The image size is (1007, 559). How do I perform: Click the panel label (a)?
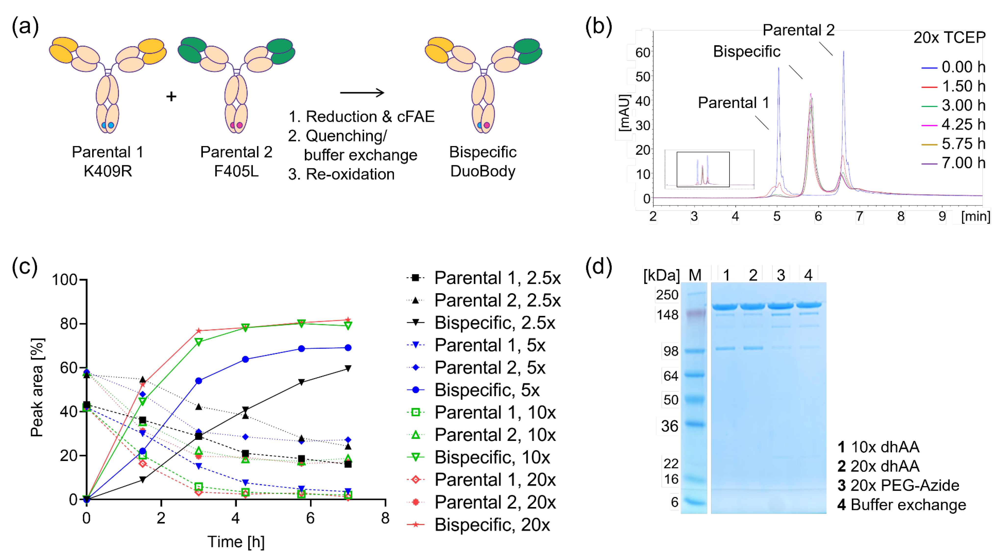(x=25, y=26)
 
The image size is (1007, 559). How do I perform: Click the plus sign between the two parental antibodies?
(x=171, y=96)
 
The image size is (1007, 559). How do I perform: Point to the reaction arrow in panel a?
(x=362, y=93)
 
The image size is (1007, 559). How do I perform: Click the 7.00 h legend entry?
(x=954, y=163)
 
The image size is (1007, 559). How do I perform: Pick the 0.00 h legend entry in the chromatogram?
(x=954, y=67)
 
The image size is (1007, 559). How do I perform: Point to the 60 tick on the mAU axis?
(x=642, y=52)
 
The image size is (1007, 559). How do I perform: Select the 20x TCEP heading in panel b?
(x=949, y=37)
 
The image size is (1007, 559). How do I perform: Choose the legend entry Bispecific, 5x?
(x=487, y=390)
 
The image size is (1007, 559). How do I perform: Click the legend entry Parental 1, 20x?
(x=494, y=480)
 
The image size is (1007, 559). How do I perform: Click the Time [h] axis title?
(x=236, y=542)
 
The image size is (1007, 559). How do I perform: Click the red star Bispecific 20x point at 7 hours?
(x=348, y=320)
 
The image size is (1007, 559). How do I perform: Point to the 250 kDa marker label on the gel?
(x=667, y=295)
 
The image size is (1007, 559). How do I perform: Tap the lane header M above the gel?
(x=695, y=275)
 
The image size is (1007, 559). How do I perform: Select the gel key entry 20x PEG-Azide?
(x=905, y=485)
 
